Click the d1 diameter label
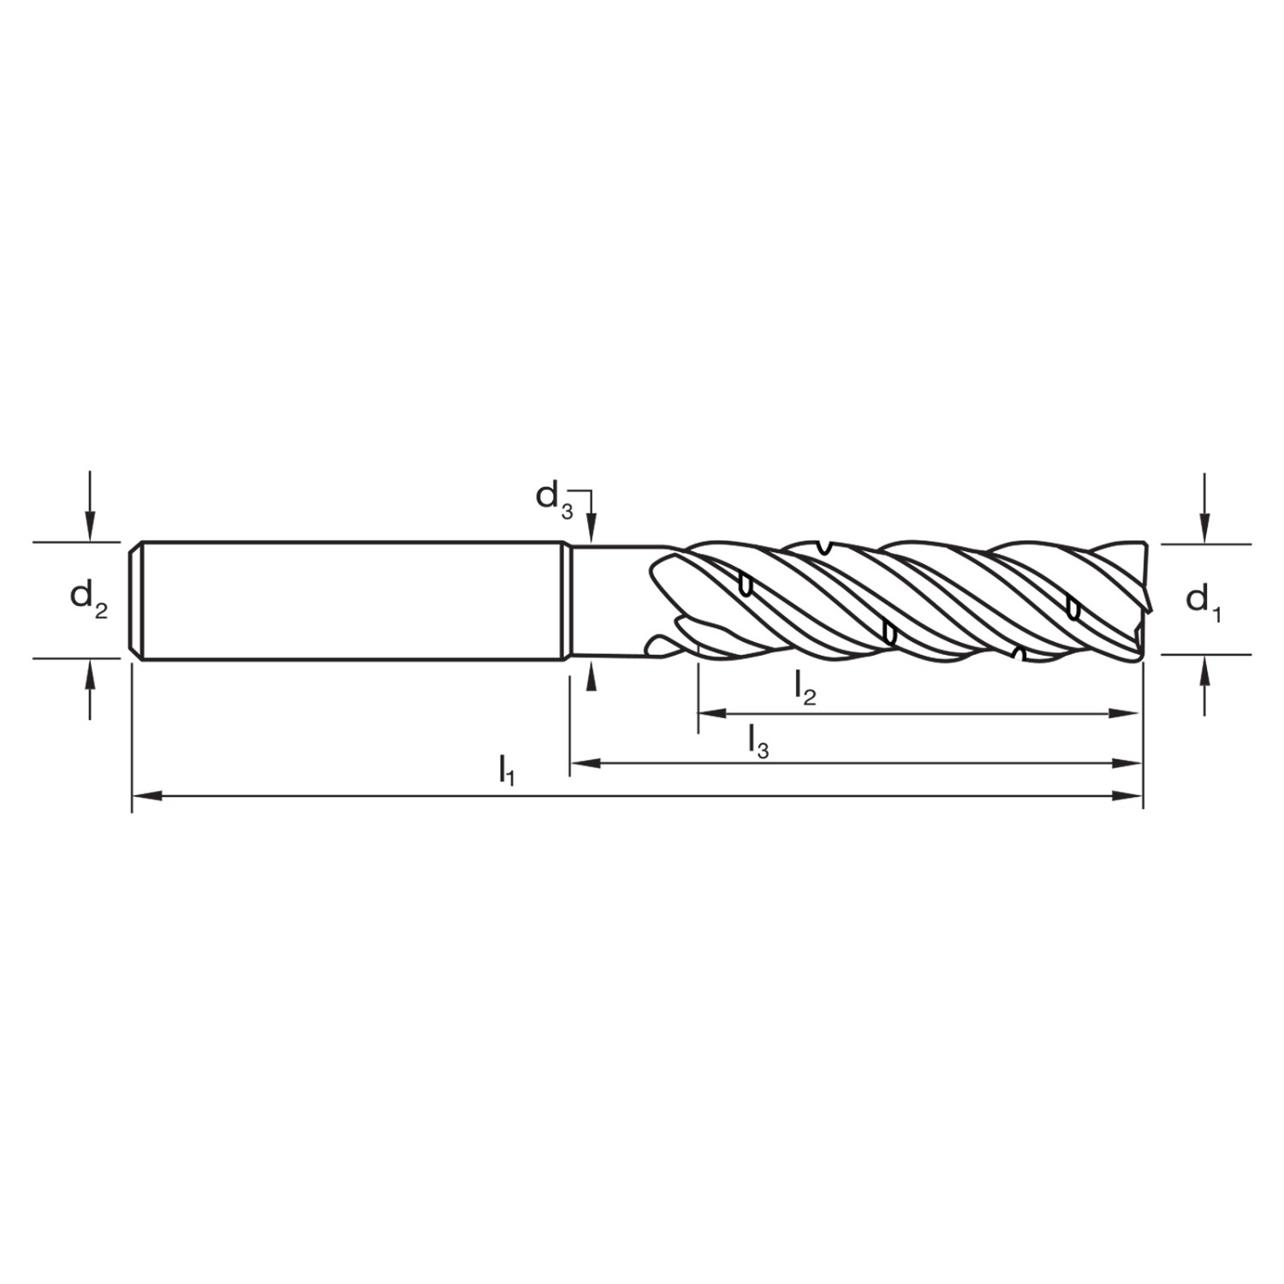pos(1203,602)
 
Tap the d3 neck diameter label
pos(554,498)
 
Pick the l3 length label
pos(758,740)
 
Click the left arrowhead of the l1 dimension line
pos(147,797)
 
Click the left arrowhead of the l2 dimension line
pos(714,712)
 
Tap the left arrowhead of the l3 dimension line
pos(586,763)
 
